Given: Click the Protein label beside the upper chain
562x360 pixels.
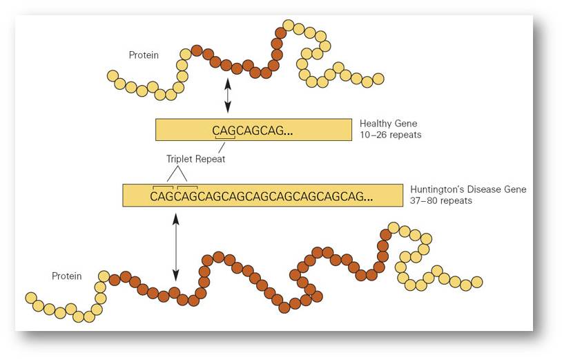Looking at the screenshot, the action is click(144, 55).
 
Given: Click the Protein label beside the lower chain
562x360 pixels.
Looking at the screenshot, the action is click(67, 276).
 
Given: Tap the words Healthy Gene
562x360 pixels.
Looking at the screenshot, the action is click(388, 124).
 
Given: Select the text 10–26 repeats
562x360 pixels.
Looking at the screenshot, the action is click(391, 135).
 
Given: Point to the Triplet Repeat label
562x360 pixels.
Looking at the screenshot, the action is click(195, 159).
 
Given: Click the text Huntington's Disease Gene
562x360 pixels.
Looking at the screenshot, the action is click(468, 189).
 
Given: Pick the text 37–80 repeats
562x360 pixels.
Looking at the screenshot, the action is click(441, 200).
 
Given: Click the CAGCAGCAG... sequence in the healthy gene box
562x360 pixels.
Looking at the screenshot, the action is click(252, 131).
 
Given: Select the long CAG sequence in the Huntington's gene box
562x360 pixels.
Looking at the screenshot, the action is click(261, 196).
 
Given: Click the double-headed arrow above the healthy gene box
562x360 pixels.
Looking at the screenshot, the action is click(228, 96).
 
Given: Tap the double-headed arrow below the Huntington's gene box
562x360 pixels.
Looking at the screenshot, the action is click(175, 247).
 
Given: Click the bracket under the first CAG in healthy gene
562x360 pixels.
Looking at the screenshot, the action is click(224, 138).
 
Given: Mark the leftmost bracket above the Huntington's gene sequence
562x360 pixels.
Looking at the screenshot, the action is click(163, 187).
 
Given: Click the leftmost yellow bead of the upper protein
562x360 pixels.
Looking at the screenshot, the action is click(113, 75).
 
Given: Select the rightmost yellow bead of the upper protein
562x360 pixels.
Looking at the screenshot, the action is click(378, 79).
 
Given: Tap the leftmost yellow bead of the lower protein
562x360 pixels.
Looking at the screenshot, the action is click(31, 298).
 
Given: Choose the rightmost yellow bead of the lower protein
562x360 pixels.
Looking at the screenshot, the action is click(476, 282).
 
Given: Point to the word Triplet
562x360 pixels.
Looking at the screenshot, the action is click(180, 159).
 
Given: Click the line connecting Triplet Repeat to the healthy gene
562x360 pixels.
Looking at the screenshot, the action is click(222, 147).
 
